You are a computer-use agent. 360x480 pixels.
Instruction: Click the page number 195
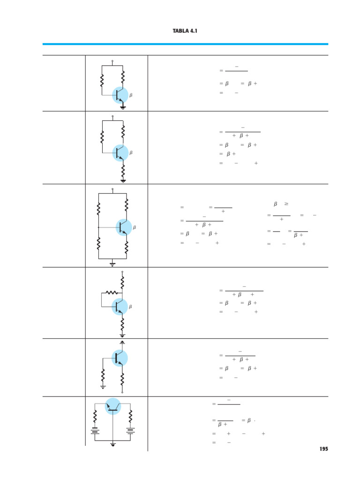coord(323,449)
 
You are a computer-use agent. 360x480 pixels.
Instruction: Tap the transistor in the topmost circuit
coord(120,95)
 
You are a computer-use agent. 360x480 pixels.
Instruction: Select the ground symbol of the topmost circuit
coord(123,107)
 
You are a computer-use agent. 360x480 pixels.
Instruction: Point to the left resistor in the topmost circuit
coord(102,81)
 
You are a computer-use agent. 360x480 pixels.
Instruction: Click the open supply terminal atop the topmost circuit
coord(112,61)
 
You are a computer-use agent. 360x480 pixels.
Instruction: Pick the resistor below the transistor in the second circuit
coord(123,168)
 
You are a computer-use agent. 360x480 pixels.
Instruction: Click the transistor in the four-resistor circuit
coord(124,227)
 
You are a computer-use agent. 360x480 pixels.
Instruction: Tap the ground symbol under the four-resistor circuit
coord(112,264)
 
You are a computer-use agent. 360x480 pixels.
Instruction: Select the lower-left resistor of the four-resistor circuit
coord(98,244)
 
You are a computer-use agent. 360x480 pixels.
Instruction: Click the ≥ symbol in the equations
coord(286,204)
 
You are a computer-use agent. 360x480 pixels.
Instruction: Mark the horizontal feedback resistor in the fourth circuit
coord(112,292)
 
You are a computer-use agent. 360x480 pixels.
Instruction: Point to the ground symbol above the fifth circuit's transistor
coord(122,342)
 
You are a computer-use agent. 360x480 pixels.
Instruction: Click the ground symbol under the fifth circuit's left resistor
coord(103,387)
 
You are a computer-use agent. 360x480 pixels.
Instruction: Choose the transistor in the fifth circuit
coord(119,358)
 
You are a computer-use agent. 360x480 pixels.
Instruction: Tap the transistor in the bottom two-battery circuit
coord(113,406)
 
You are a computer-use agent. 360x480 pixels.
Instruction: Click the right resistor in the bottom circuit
coord(130,415)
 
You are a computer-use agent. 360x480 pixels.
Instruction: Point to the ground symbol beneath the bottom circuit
coord(113,443)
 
